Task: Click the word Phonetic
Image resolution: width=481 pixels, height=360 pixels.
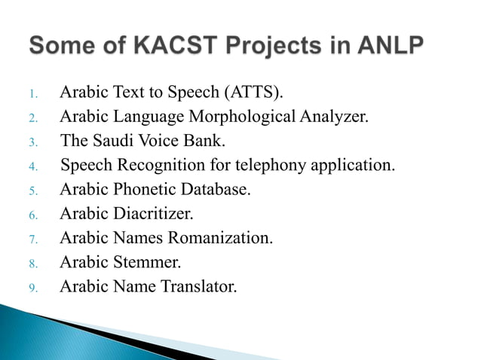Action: click(144, 189)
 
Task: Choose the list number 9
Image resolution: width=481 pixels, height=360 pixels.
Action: click(32, 287)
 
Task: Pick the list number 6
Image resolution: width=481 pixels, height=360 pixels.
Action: click(32, 215)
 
